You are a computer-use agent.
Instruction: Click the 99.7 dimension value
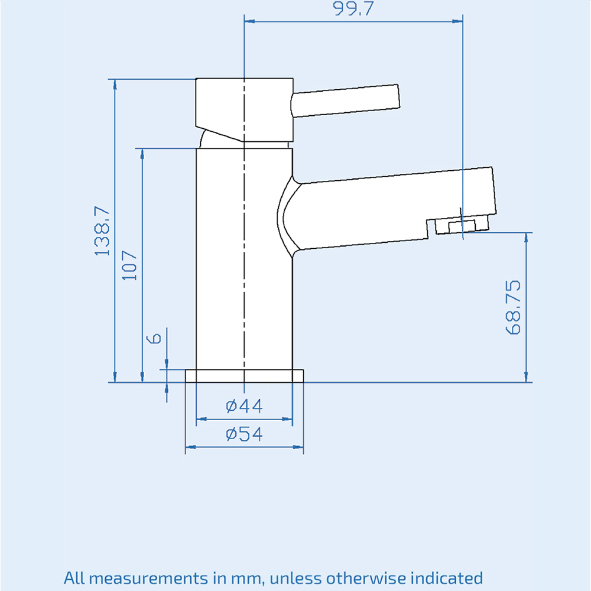(x=353, y=8)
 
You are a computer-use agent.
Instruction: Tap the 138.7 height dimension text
(x=102, y=231)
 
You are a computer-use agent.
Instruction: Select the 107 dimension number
(x=129, y=265)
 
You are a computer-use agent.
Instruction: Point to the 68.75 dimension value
(x=513, y=307)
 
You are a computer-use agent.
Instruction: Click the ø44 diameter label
(x=244, y=406)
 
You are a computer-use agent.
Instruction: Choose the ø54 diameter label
(x=244, y=434)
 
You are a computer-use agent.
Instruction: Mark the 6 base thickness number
(x=154, y=339)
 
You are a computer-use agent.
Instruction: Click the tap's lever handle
(x=345, y=100)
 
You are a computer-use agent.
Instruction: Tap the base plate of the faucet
(x=244, y=376)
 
